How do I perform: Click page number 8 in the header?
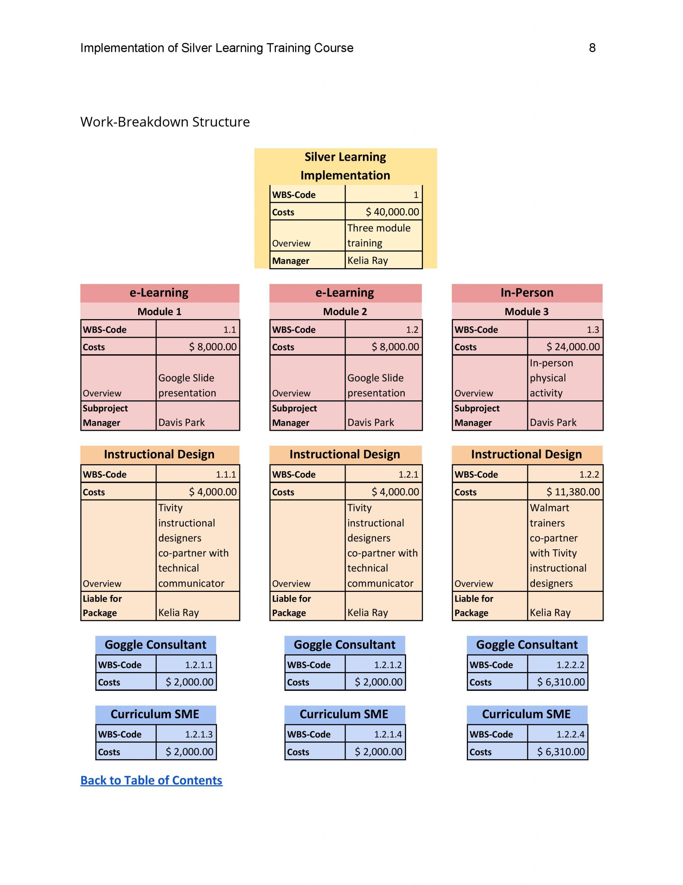(592, 48)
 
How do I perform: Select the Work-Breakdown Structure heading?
(165, 122)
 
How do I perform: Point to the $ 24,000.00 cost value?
(573, 346)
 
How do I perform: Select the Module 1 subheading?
(160, 311)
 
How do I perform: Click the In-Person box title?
(527, 292)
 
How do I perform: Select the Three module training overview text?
(378, 235)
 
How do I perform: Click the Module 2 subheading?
(345, 311)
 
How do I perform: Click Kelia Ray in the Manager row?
(368, 260)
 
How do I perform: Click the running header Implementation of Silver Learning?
(217, 48)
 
